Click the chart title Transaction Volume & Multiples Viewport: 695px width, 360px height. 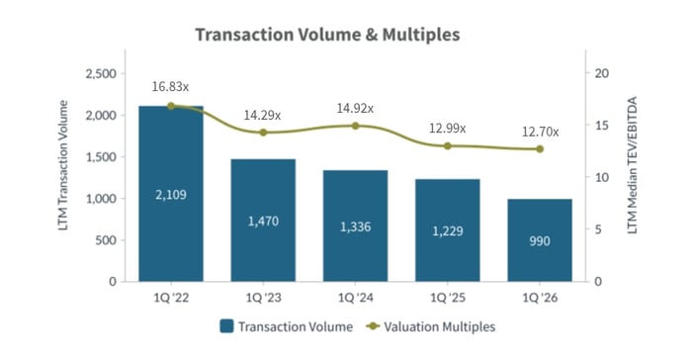[327, 35]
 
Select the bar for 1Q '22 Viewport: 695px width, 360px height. [171, 194]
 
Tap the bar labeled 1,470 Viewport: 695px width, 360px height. [263, 220]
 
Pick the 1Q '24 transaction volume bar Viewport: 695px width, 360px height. [355, 225]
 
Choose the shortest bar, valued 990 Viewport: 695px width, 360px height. [540, 240]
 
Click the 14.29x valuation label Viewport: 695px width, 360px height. [262, 115]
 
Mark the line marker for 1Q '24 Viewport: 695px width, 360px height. [355, 126]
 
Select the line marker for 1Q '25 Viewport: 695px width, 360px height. [448, 145]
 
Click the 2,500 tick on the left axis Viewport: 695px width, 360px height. [102, 74]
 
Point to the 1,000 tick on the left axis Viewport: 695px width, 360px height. [102, 199]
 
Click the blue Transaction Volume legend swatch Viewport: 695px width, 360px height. [225, 325]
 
